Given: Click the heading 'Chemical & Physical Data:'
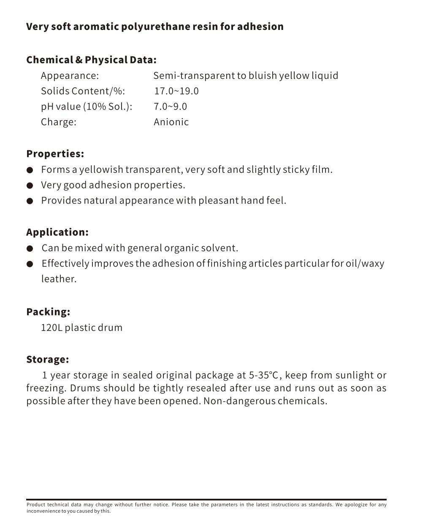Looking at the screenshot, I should click(91, 60).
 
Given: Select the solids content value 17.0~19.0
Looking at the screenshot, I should click(176, 91).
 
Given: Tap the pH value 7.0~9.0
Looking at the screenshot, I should click(170, 107).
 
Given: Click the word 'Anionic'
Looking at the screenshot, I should click(171, 122).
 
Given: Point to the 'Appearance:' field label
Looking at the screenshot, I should click(70, 76).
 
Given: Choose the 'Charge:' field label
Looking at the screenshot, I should click(59, 122).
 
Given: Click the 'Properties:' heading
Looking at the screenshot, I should click(55, 154).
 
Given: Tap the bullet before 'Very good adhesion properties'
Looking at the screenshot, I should click(30, 186).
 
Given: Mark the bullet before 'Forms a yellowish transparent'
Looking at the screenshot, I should click(30, 170).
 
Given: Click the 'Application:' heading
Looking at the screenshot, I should click(57, 232).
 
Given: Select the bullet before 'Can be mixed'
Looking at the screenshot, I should click(30, 249).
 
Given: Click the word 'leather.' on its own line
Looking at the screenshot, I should click(59, 279).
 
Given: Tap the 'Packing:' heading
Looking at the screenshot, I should click(48, 312).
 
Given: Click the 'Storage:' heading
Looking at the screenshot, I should click(47, 360).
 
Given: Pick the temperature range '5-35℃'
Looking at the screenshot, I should click(263, 375).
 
